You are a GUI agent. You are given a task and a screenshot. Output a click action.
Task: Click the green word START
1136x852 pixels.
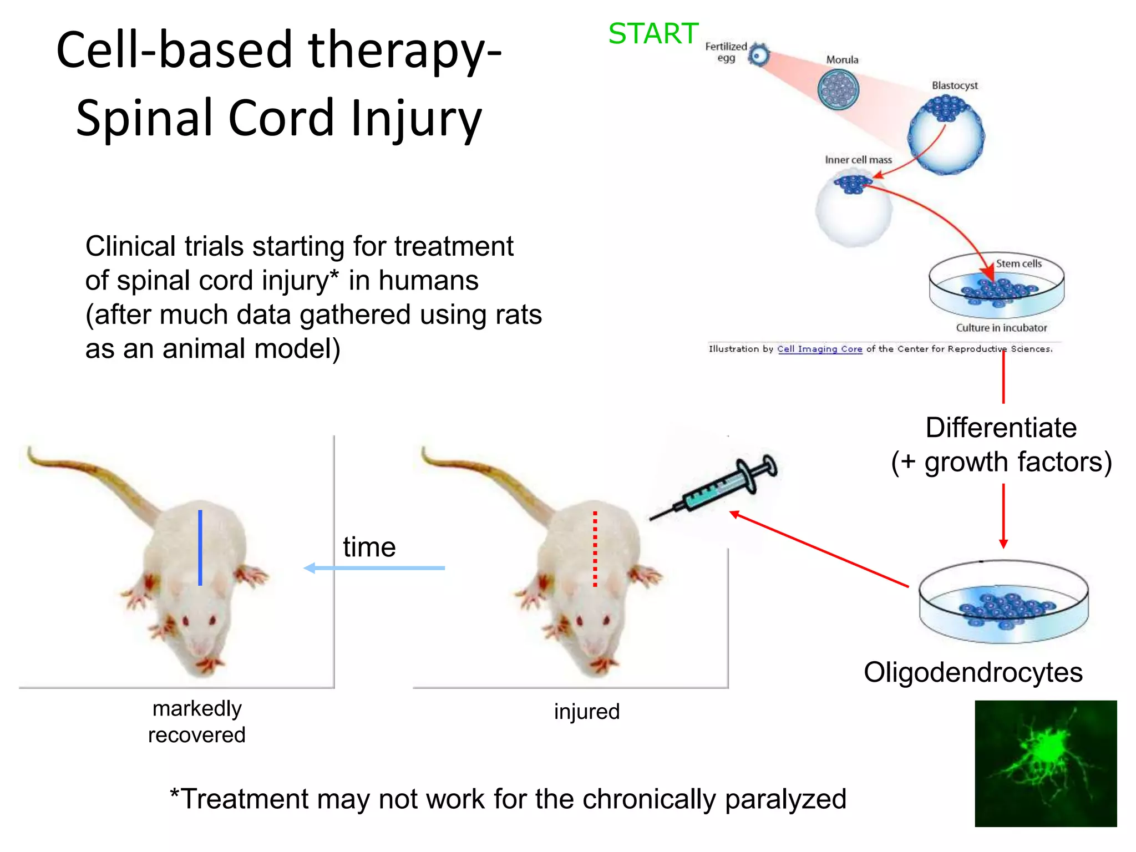coord(653,34)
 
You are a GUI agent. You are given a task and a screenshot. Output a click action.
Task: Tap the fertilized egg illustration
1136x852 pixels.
coord(758,55)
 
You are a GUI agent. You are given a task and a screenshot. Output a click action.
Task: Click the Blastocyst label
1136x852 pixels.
coord(954,85)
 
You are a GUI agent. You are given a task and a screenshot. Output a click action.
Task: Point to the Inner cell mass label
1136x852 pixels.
coord(858,160)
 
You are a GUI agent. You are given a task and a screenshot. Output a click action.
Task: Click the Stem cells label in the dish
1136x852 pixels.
coord(1018,263)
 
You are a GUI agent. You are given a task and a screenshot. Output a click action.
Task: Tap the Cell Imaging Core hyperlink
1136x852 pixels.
coord(819,349)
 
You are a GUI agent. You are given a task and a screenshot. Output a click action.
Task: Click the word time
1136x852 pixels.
coord(369,547)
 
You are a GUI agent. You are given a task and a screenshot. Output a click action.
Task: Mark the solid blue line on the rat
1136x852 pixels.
coord(200,547)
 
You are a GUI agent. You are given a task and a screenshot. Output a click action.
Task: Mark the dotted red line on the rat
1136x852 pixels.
coord(595,549)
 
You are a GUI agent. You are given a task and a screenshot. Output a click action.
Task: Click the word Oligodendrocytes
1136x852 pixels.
coord(973,672)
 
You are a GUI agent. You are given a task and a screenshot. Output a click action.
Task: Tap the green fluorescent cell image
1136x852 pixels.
coord(1046,763)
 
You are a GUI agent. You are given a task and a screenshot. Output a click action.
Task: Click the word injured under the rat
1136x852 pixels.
coord(586,712)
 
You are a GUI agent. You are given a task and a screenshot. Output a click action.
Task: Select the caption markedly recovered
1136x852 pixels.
coord(197,721)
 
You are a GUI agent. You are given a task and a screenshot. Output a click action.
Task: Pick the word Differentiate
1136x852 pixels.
coord(1001,428)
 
